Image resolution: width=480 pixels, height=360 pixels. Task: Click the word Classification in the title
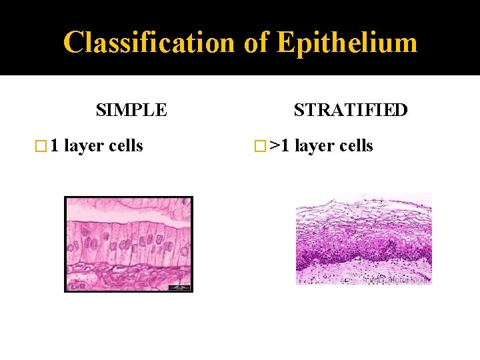pos(149,43)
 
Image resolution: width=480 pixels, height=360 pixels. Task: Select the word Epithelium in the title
pos(347,43)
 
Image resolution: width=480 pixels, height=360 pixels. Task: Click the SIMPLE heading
pos(131,109)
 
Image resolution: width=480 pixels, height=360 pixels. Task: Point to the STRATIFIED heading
pos(351,109)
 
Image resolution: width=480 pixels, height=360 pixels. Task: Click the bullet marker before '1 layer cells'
pos(45,146)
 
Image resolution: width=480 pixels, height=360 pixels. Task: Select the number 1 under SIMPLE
pos(56,145)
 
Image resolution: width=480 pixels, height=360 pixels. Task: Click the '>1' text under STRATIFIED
pos(279,145)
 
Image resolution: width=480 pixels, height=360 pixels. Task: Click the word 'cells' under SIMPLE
pos(125,145)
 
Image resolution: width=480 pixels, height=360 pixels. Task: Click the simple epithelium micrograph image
pos(128,244)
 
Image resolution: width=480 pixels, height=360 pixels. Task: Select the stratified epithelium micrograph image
pos(363,239)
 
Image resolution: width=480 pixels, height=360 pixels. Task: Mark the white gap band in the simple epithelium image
pos(128,217)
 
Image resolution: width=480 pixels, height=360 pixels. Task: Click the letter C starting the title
pos(73,43)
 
